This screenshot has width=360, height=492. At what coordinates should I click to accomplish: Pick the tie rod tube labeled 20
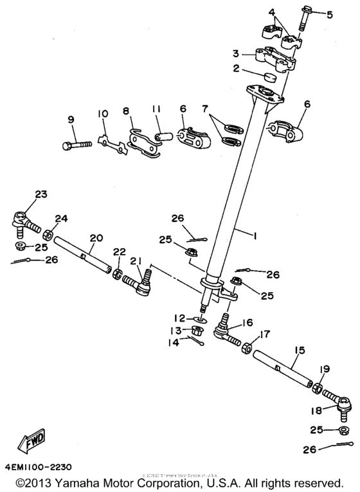[84, 255]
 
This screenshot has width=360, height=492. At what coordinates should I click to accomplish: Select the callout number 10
[102, 114]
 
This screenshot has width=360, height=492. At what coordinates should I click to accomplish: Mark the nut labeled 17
[246, 349]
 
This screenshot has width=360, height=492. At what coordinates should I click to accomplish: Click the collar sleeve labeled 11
[163, 136]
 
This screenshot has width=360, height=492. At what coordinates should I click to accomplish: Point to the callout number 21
[136, 261]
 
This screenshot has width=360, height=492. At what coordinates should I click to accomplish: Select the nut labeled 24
[48, 228]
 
